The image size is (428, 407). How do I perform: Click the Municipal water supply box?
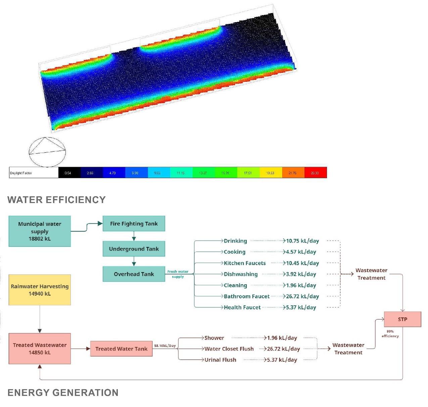pos(40,231)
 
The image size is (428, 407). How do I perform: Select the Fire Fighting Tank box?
pos(134,224)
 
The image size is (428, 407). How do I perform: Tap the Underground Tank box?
pos(134,249)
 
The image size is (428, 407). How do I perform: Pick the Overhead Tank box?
pos(134,274)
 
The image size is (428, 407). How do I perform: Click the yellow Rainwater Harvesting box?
pos(40,290)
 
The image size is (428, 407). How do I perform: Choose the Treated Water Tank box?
pos(121,349)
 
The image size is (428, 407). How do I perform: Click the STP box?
pos(402,319)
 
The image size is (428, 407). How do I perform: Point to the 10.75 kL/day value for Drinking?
pos(302,241)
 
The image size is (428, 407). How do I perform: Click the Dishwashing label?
pos(241,274)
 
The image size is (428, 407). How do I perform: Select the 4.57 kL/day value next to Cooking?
pos(301,252)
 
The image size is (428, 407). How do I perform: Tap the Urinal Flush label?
pos(220,360)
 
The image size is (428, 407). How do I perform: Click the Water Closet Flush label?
pos(229,349)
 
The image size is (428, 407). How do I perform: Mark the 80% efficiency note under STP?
pos(390,334)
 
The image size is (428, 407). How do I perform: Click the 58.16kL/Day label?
pos(165,346)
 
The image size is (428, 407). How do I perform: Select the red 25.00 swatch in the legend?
pos(315,173)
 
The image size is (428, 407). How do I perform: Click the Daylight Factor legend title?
pos(21,173)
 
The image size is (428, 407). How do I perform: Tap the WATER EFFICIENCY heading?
pos(56,200)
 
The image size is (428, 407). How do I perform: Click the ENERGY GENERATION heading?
pos(63,393)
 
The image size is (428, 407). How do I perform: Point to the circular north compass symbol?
pos(47,152)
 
